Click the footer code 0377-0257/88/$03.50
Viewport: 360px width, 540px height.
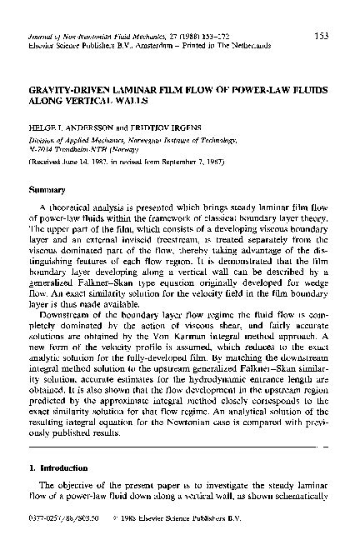57,531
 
